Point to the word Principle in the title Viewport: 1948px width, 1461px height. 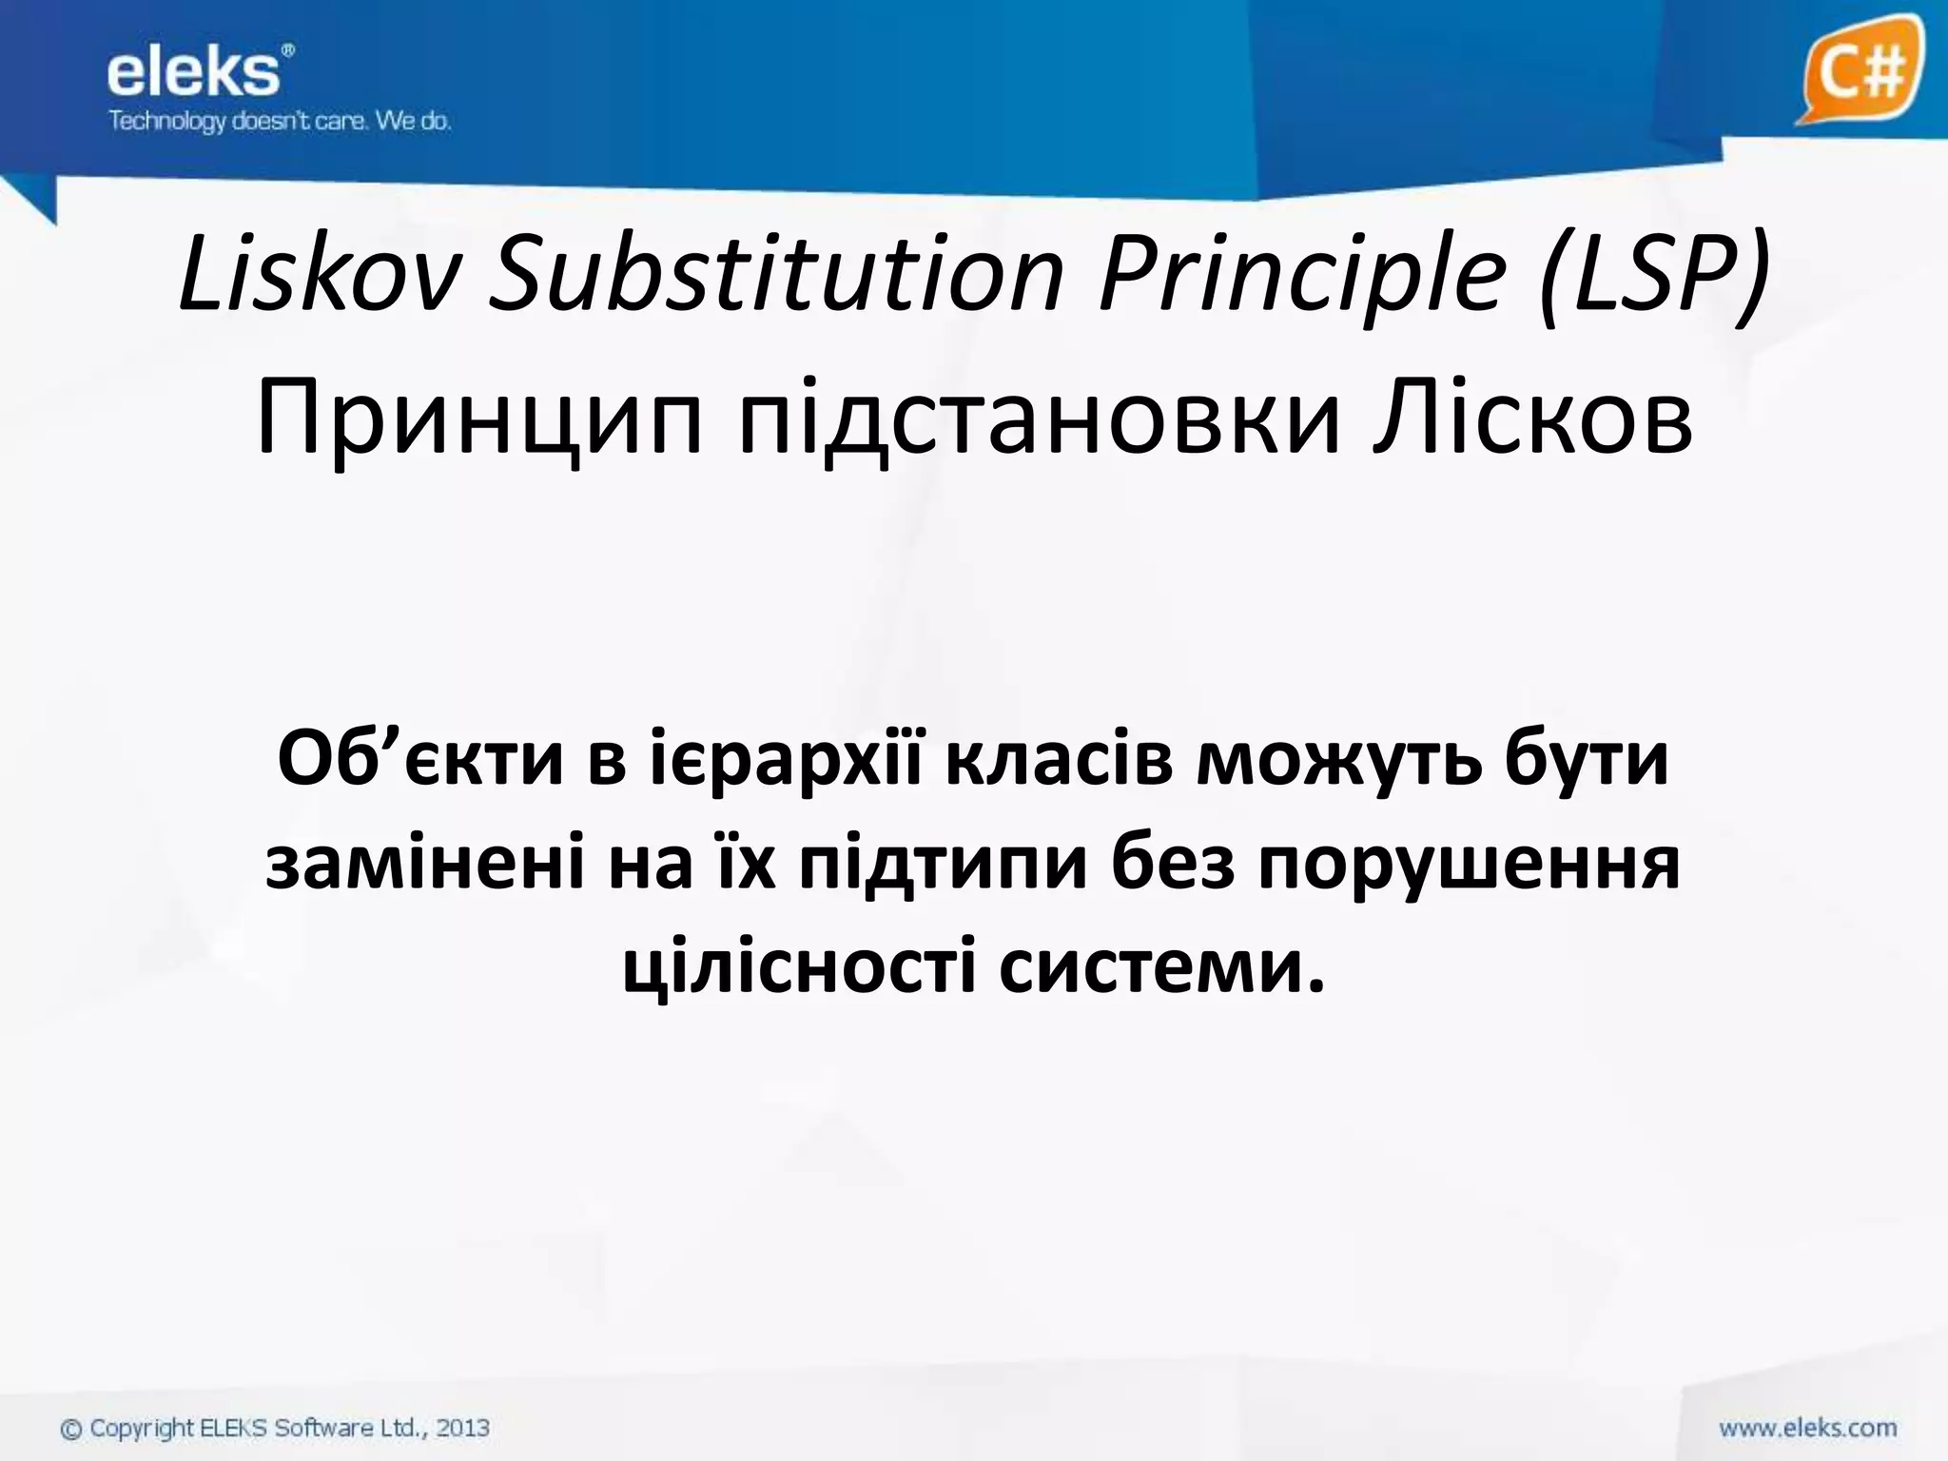[x=1303, y=276]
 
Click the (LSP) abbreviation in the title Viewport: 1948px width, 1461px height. [x=1655, y=276]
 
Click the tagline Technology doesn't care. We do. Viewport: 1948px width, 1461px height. [x=279, y=122]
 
